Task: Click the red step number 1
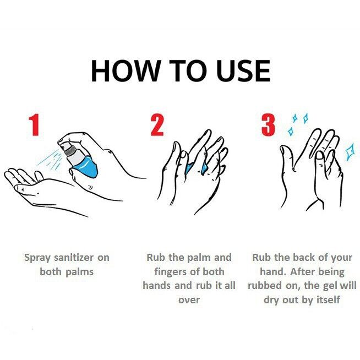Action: point(34,126)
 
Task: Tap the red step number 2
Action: point(157,126)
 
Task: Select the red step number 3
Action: point(268,126)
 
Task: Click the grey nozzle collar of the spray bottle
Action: point(70,151)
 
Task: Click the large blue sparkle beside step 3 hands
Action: point(350,151)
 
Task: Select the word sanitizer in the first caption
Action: point(74,258)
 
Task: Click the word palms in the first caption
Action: point(79,272)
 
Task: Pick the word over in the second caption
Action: point(189,300)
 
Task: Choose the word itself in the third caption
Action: point(328,300)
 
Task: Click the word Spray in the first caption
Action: point(37,258)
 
